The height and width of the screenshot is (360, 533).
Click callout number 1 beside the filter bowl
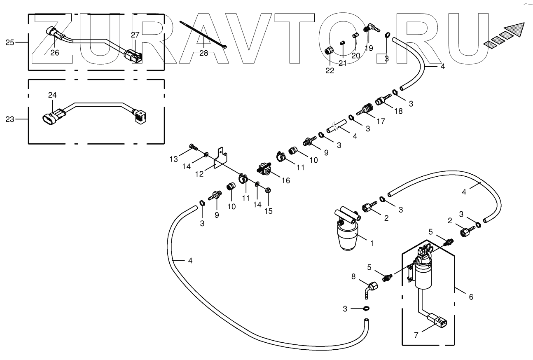tap(372, 243)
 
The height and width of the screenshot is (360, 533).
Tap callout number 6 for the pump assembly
tap(471, 297)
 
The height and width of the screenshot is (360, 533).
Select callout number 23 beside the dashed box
tap(10, 119)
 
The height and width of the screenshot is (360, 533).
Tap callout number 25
tap(10, 42)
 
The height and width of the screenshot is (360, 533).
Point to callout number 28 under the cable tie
tap(203, 53)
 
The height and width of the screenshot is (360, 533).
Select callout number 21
tap(343, 63)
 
